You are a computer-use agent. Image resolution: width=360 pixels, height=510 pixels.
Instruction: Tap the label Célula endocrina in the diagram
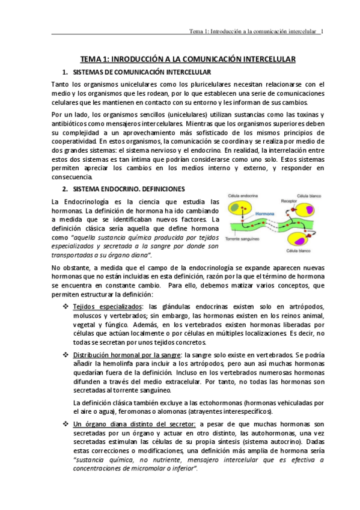coord(242,195)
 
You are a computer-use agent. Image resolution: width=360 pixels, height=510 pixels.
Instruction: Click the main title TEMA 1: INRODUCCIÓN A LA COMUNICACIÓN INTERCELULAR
coord(188,60)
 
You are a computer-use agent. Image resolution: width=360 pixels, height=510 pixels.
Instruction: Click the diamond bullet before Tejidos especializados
coord(65,307)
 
